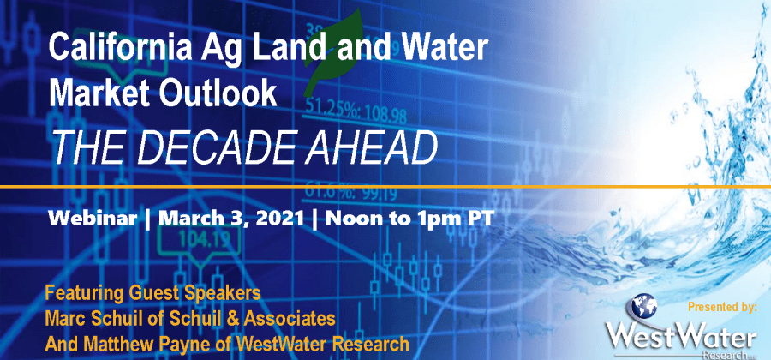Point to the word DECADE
pyautogui.click(x=220, y=147)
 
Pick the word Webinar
pyautogui.click(x=92, y=219)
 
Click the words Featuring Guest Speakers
pyautogui.click(x=153, y=293)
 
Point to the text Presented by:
pyautogui.click(x=722, y=308)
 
